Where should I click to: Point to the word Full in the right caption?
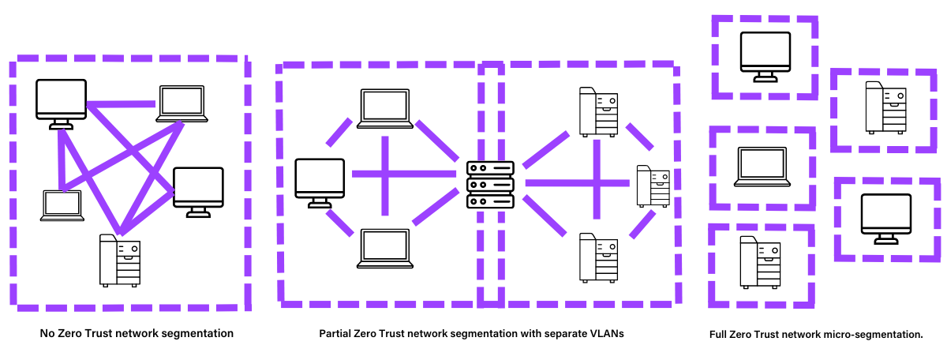coord(721,335)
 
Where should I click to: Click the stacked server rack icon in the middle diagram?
coord(490,185)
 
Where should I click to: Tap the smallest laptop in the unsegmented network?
coord(62,205)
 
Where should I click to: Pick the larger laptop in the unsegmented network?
coord(182,103)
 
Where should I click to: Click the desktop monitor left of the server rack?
coord(320,182)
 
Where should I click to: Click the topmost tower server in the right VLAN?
coord(597,111)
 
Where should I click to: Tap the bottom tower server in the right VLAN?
coord(597,257)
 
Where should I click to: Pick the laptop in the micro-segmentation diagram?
coord(762,167)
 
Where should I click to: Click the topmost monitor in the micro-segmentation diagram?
coord(764,54)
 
